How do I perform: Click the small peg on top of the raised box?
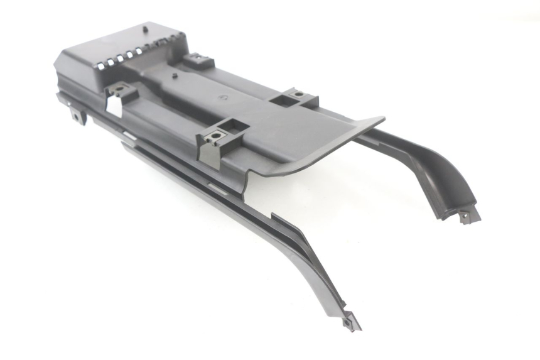pos(145,28)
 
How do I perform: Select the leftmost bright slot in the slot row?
pos(99,62)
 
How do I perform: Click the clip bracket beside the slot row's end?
pos(200,60)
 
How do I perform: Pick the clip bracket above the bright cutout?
pos(122,92)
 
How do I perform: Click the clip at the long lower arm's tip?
pos(349,324)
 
